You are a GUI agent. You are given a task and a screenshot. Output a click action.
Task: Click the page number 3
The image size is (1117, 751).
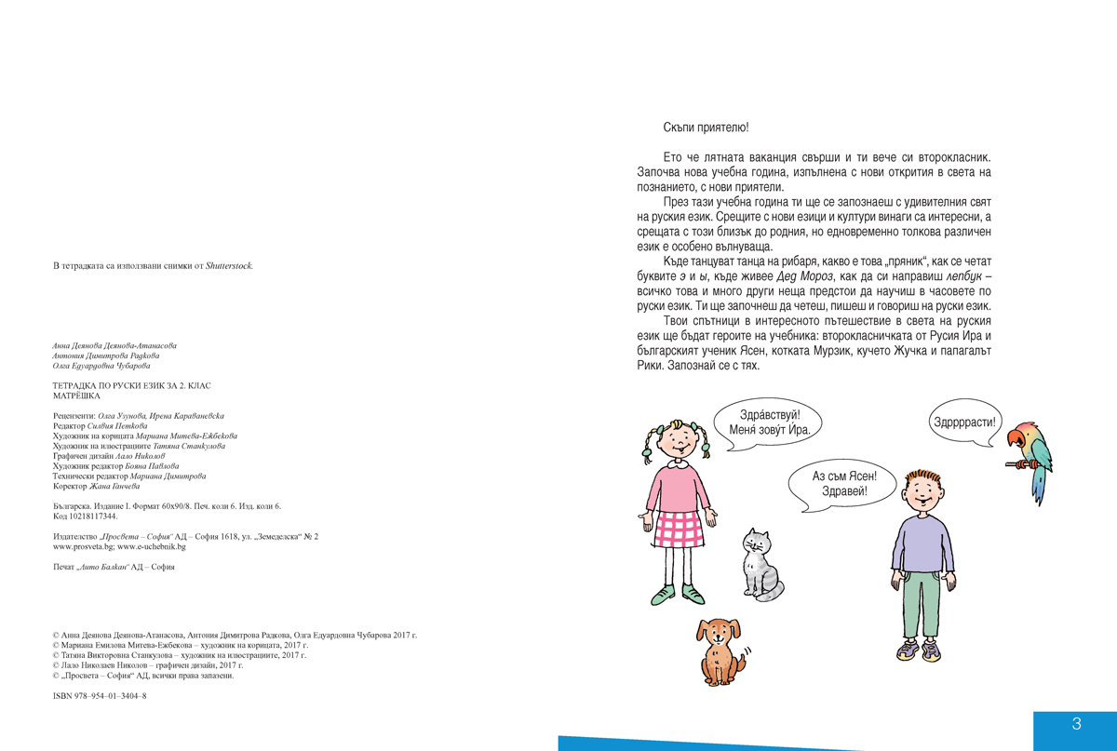(x=1076, y=724)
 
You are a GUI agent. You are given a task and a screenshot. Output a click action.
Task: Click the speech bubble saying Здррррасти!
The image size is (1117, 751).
(x=964, y=422)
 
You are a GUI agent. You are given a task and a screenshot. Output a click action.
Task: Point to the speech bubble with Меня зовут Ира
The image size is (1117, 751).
(x=769, y=423)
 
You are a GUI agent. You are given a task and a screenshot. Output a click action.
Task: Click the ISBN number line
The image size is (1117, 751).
(x=100, y=695)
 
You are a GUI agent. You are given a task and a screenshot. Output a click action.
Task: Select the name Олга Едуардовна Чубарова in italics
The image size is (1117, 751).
(x=101, y=366)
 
